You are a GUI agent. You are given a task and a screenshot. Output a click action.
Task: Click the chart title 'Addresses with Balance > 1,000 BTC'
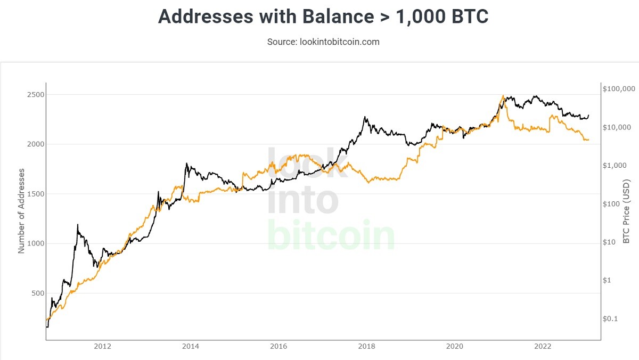[323, 17]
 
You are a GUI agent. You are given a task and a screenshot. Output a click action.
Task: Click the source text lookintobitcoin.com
[340, 42]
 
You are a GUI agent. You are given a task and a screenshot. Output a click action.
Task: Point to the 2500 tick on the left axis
[36, 95]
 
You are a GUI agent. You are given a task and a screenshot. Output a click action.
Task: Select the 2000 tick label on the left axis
[36, 144]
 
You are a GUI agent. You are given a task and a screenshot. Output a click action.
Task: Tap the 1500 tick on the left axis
[36, 194]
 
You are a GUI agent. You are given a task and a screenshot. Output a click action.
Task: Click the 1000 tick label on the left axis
[36, 243]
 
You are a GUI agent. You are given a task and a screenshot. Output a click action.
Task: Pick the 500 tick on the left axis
[38, 293]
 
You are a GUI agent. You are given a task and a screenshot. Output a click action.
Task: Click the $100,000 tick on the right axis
[619, 89]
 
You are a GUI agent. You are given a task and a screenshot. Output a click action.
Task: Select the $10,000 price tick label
[617, 127]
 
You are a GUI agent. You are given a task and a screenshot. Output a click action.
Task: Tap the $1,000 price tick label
[615, 166]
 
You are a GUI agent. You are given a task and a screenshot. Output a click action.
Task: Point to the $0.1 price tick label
[610, 318]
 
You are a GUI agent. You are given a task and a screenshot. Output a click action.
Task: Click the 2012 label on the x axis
[102, 346]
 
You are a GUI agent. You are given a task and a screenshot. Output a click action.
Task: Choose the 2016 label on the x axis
[278, 346]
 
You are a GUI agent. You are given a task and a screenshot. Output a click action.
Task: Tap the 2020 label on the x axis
[454, 346]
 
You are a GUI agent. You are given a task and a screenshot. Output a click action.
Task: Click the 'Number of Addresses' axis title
[21, 211]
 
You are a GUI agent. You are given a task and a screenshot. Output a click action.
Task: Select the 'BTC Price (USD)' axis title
[626, 211]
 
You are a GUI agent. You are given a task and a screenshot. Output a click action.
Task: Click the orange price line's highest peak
[503, 95]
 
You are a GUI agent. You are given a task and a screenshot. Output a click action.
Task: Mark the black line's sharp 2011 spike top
[77, 225]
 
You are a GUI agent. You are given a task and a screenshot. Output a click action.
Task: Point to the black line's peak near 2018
[365, 117]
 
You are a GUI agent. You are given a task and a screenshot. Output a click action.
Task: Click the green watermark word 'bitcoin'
[331, 235]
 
